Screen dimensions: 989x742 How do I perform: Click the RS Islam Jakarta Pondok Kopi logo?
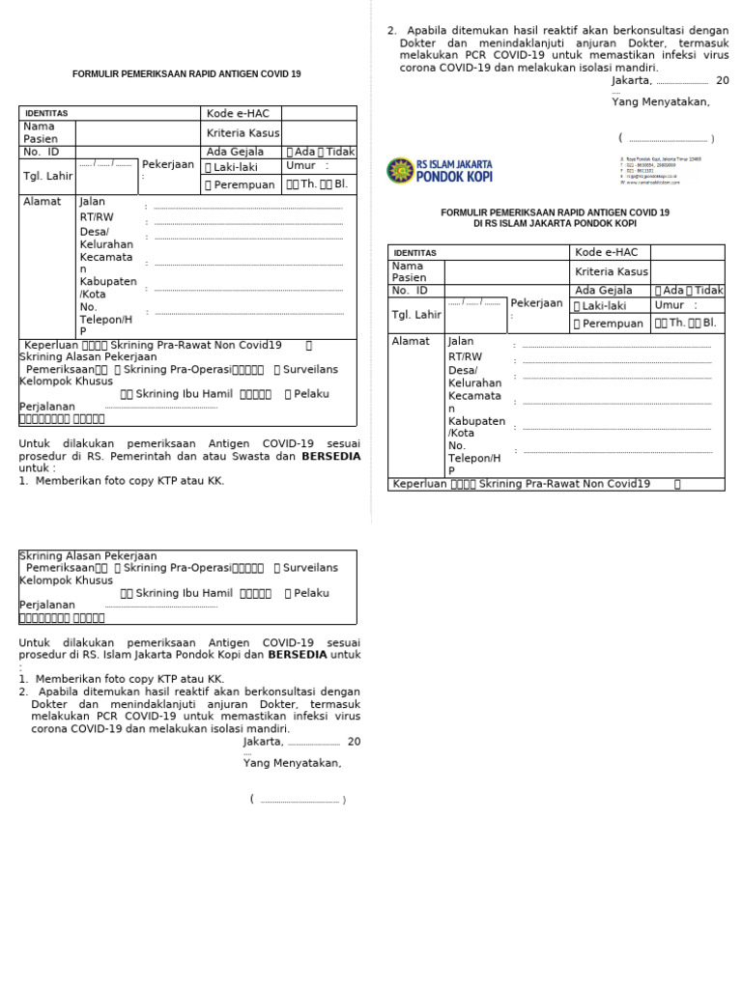pyautogui.click(x=440, y=171)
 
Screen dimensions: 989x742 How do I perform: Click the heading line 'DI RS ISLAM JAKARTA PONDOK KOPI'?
pyautogui.click(x=555, y=224)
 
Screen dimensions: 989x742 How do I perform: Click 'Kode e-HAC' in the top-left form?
pyautogui.click(x=238, y=114)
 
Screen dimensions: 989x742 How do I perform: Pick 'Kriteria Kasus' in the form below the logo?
pyautogui.click(x=612, y=272)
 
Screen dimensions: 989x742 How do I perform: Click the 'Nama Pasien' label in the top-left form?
pyautogui.click(x=41, y=133)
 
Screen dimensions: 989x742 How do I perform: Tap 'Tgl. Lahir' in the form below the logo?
pyautogui.click(x=415, y=315)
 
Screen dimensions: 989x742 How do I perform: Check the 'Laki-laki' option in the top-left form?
pyautogui.click(x=235, y=167)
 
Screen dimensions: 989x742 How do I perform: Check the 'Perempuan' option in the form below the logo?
pyautogui.click(x=608, y=325)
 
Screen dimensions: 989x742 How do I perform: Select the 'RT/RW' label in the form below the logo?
pyautogui.click(x=465, y=356)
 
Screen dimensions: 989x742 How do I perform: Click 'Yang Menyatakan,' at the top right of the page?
pyautogui.click(x=660, y=102)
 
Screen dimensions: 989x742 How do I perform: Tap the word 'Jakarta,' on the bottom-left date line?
pyautogui.click(x=264, y=742)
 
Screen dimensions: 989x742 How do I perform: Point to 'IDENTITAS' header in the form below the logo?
pyautogui.click(x=414, y=253)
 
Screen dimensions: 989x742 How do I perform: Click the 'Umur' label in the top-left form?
pyautogui.click(x=300, y=166)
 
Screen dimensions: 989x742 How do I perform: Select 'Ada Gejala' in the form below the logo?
pyautogui.click(x=604, y=291)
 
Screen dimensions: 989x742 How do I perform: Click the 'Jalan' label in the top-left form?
pyautogui.click(x=92, y=202)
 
